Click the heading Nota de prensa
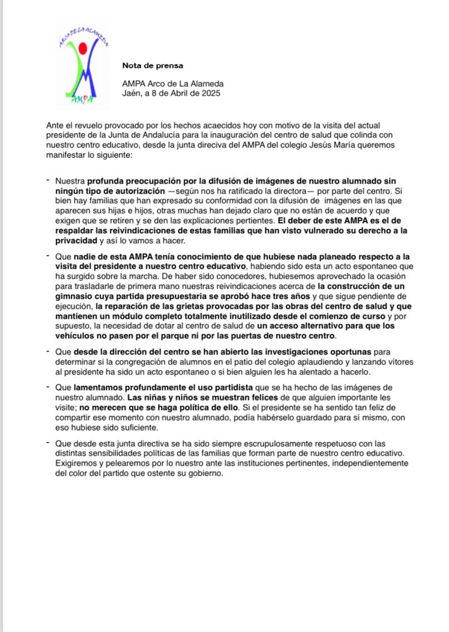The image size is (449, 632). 152,66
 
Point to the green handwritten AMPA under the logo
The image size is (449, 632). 82,100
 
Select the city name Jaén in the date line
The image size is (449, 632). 131,93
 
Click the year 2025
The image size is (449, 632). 210,93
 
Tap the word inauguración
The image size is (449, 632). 258,136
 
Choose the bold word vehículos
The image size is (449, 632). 75,335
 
